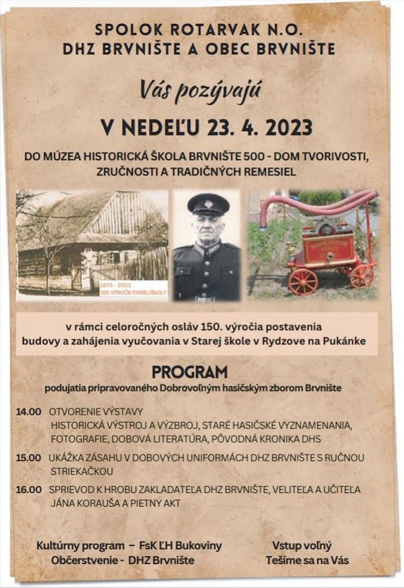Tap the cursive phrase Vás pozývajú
tap(200, 90)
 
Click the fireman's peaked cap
tap(208, 204)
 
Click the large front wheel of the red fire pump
tap(303, 281)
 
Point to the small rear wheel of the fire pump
tap(362, 275)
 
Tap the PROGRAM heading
tap(189, 372)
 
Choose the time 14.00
tap(28, 411)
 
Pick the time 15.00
tap(28, 458)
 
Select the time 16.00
tap(28, 490)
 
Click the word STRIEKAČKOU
tap(82, 471)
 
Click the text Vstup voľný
tap(301, 545)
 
